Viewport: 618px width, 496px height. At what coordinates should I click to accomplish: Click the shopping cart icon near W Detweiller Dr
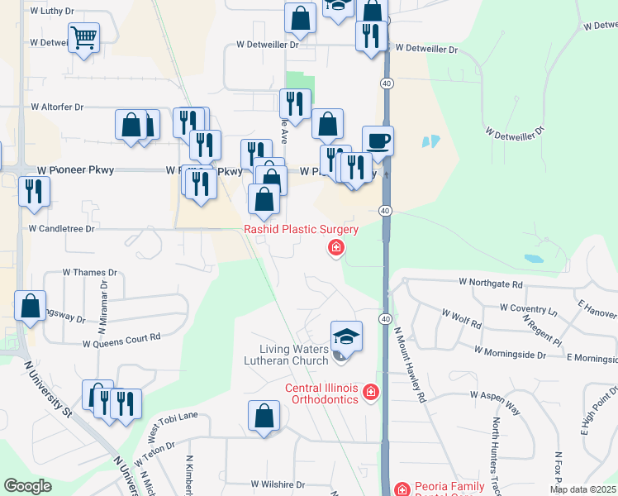coord(84,37)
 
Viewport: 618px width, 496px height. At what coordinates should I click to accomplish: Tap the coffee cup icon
coord(378,140)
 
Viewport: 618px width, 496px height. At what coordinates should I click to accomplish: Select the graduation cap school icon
coord(346,336)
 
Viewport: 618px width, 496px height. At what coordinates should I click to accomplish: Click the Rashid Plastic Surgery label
coord(301,229)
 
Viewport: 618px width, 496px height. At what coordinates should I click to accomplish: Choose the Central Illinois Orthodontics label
coord(322,393)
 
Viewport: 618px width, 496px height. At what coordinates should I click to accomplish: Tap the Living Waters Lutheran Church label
coord(293,355)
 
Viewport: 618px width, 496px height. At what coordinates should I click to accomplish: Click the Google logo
coord(27,486)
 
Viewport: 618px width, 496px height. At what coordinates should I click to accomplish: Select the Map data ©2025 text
coord(582,489)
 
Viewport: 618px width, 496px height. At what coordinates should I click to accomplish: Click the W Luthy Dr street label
coord(57,12)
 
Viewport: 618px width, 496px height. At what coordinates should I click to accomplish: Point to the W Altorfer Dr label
coord(57,107)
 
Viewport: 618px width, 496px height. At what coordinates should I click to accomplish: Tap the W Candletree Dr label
coord(62,227)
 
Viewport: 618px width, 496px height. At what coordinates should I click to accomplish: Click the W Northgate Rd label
coord(491,284)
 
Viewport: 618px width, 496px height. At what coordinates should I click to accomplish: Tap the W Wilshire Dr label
coord(278,484)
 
